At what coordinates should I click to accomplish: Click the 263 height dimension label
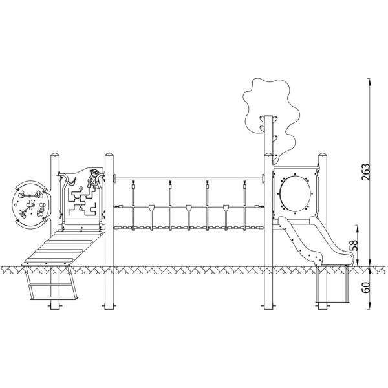click(x=365, y=172)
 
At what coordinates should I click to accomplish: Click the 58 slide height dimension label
click(x=354, y=245)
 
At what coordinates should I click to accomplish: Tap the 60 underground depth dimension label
click(x=365, y=287)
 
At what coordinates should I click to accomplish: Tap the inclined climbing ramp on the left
click(x=63, y=248)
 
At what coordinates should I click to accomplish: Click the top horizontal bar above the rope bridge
click(x=189, y=178)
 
